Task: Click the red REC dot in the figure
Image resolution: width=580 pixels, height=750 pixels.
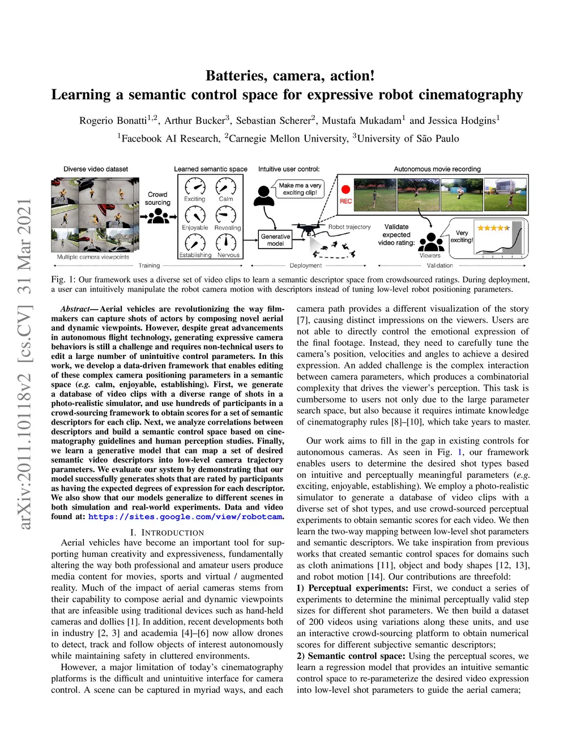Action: tap(346, 190)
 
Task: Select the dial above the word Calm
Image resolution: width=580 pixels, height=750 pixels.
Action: tap(226, 186)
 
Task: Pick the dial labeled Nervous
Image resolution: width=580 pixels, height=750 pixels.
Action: tap(226, 242)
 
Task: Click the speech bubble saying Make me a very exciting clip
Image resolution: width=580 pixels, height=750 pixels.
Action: tap(300, 188)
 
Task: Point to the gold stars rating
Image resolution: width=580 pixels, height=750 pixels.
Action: tap(493, 228)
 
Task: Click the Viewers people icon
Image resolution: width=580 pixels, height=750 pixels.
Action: tap(431, 243)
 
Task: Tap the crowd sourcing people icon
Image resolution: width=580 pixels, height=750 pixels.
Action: tap(159, 216)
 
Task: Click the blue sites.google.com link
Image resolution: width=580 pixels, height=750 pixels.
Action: tap(185, 517)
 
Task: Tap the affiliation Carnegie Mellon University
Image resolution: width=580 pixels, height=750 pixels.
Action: tap(288, 139)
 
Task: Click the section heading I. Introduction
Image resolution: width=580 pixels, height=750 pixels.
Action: tap(167, 533)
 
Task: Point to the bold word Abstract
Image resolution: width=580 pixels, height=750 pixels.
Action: tap(75, 309)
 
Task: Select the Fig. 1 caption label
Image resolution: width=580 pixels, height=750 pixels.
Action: tap(63, 280)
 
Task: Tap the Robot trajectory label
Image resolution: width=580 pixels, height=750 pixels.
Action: tap(349, 227)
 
